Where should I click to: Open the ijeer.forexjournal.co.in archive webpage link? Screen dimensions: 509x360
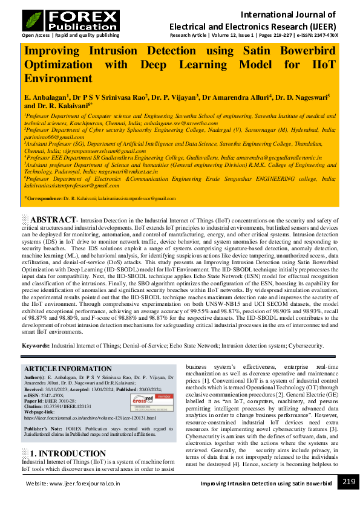(90, 418)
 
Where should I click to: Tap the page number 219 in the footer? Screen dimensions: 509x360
(348, 482)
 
